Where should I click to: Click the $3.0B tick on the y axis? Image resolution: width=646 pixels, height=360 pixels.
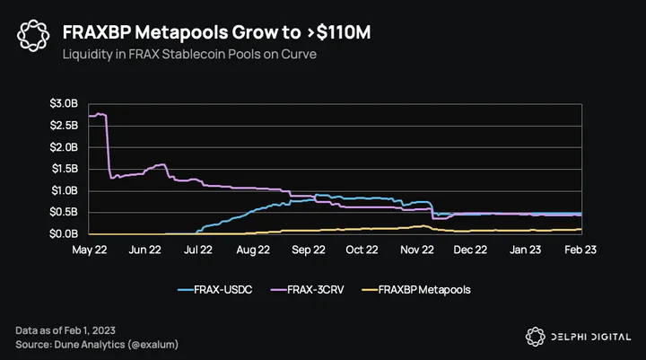pos(64,103)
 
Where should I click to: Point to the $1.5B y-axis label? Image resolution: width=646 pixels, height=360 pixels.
pos(65,169)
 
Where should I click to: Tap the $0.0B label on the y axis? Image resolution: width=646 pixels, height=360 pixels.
pos(64,233)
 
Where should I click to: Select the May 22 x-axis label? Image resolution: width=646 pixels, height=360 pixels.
pos(90,250)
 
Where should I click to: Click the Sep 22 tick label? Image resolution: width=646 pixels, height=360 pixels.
pos(309,250)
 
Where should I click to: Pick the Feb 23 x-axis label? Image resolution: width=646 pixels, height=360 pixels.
pos(581,250)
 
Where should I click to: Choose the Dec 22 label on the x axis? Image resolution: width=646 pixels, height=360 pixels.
pos(470,250)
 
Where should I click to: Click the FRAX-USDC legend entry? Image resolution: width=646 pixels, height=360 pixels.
pos(215,290)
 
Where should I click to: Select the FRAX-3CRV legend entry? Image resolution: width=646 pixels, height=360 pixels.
pos(308,290)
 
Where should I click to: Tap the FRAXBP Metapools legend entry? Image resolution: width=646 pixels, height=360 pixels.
pos(416,290)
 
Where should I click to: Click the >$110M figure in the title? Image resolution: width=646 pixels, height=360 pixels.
pos(338,32)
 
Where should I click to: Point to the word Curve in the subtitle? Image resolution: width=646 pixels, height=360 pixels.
pos(299,55)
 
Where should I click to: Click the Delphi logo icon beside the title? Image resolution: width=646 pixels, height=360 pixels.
pos(33,36)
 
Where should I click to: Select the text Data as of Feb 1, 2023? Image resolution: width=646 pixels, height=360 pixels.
pos(65,330)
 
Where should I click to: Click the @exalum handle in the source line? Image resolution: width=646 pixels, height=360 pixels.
pos(153,345)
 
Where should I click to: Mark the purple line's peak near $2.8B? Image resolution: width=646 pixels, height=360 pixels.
pos(98,113)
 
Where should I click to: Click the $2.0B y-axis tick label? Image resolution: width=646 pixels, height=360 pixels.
pos(64,147)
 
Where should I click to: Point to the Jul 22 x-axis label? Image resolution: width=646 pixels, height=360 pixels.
pos(198,250)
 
